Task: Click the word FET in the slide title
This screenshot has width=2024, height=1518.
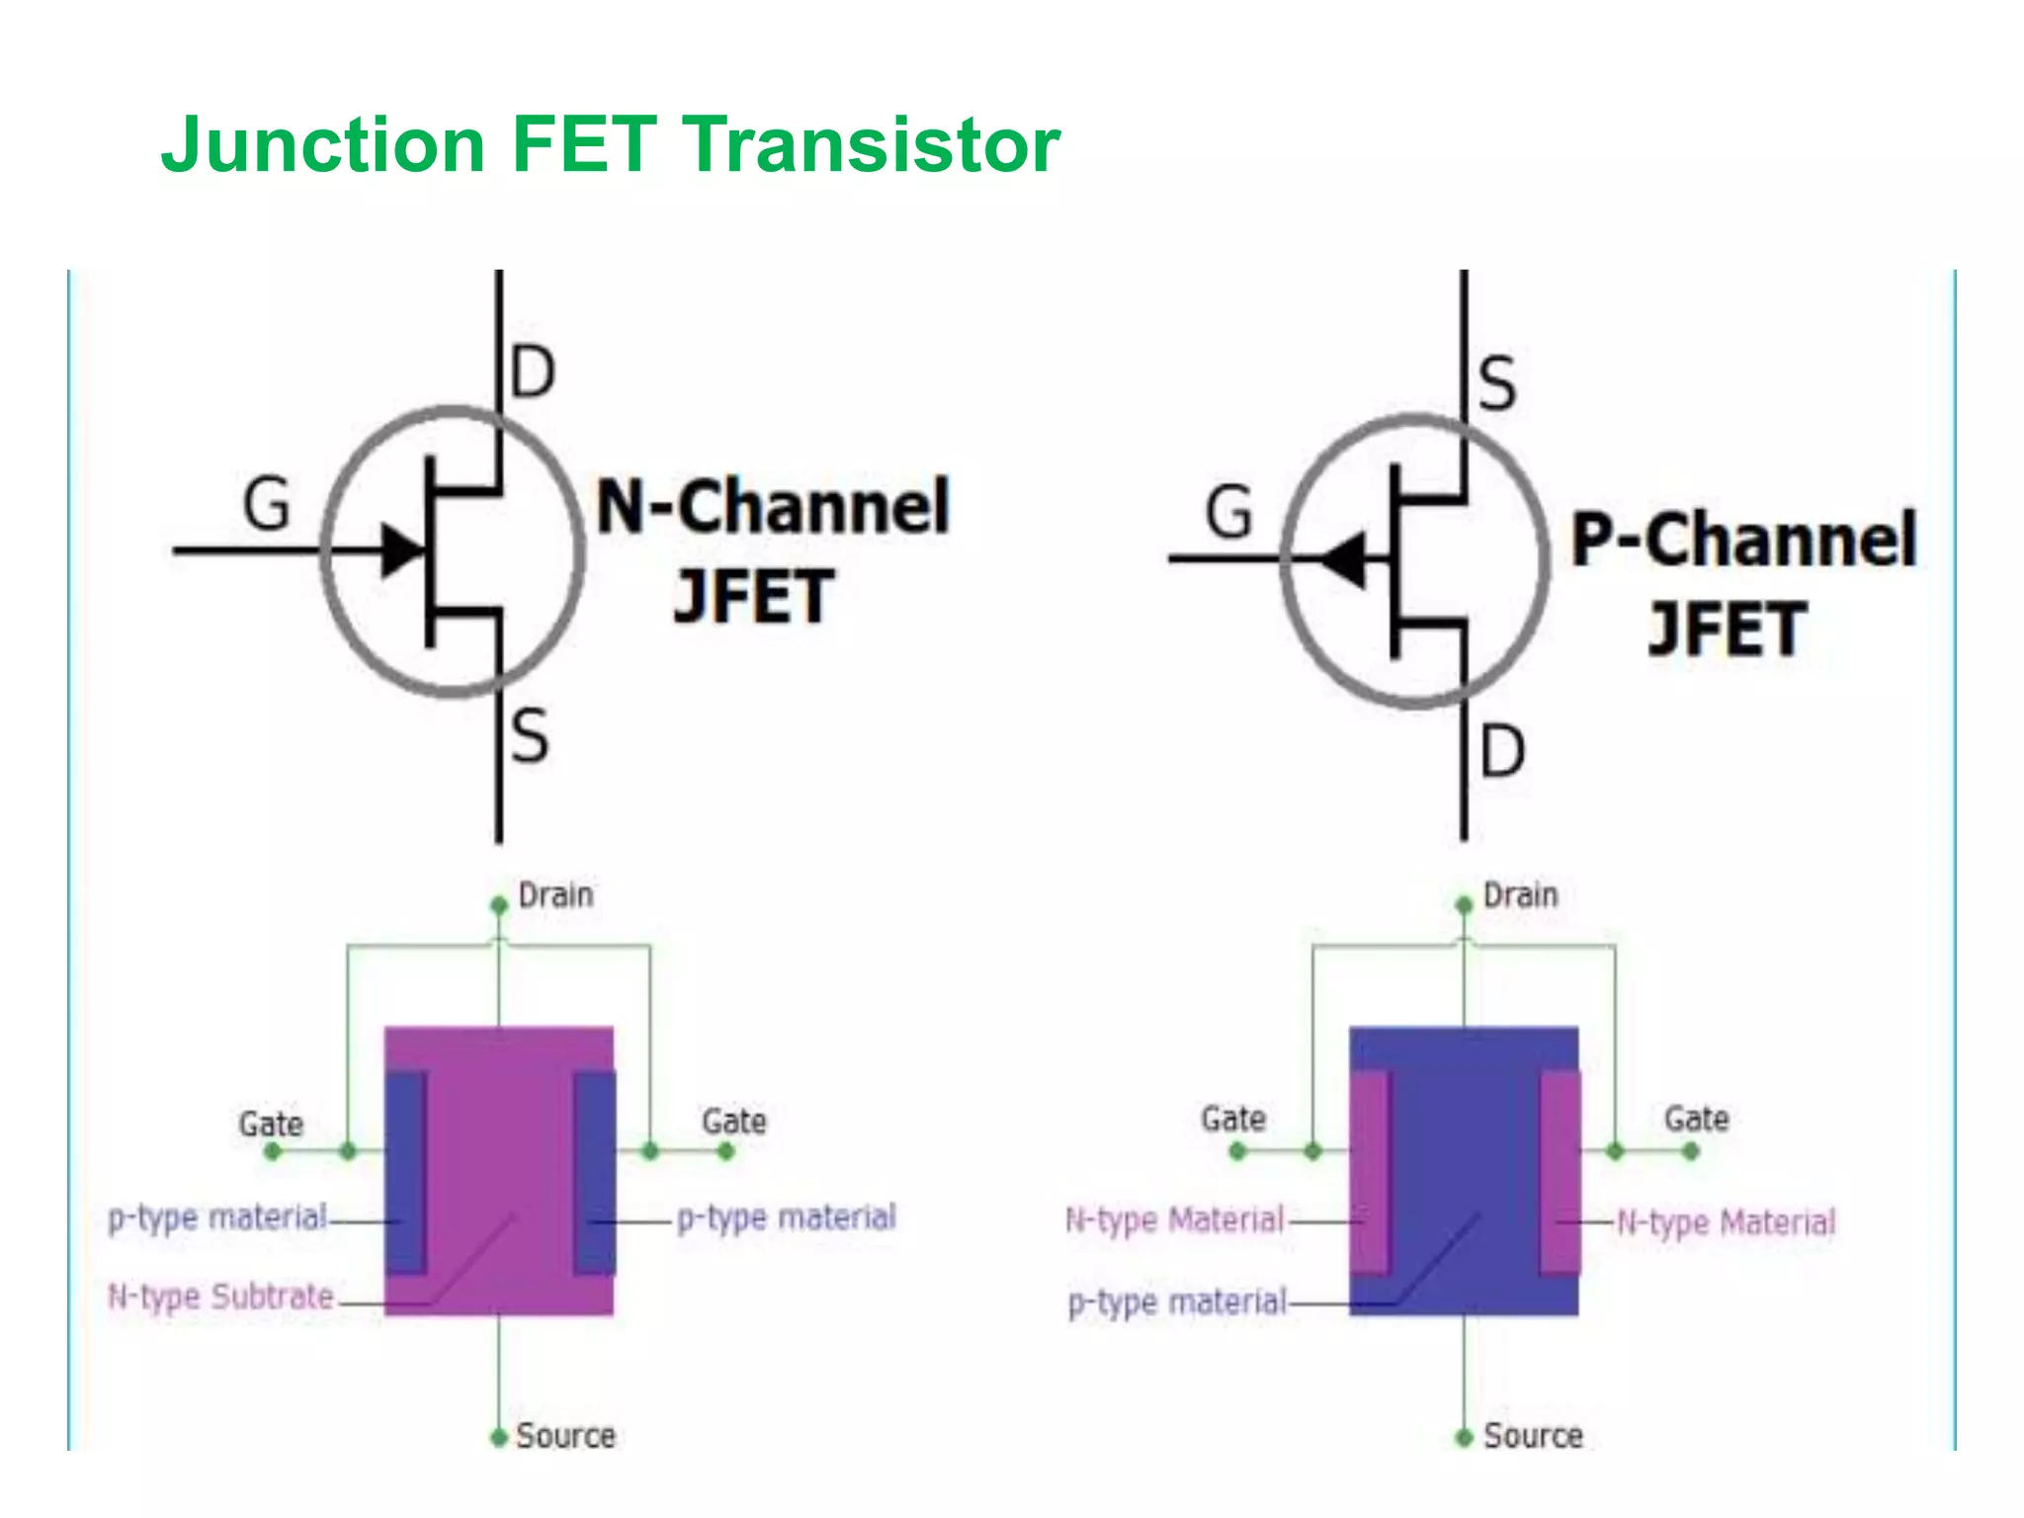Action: [x=584, y=144]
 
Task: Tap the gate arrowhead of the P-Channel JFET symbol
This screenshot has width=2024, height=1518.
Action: [x=1344, y=559]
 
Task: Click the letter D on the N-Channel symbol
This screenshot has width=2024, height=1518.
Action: [x=533, y=373]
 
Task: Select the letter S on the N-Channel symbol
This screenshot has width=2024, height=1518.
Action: [x=530, y=736]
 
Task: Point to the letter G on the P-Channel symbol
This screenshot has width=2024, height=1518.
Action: [x=1228, y=513]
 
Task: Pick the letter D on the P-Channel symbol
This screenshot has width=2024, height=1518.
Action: [x=1501, y=751]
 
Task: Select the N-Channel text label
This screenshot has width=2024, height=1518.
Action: [x=773, y=507]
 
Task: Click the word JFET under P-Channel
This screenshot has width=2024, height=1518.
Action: [x=1727, y=630]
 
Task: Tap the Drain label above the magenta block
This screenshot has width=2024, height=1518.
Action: [x=555, y=895]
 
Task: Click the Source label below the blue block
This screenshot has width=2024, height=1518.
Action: [x=1533, y=1435]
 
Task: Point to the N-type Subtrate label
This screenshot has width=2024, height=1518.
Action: [x=220, y=1297]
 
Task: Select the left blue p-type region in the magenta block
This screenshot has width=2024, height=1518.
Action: [x=405, y=1171]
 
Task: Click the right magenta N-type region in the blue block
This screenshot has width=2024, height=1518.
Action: [x=1559, y=1171]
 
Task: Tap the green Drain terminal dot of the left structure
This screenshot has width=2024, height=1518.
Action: [x=499, y=905]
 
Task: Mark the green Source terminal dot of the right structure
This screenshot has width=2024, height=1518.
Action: [x=1464, y=1438]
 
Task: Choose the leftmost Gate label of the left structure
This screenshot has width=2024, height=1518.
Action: [x=271, y=1124]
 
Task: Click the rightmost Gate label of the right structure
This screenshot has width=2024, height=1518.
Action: [x=1696, y=1119]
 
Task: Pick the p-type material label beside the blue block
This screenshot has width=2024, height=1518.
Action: [x=1177, y=1302]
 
